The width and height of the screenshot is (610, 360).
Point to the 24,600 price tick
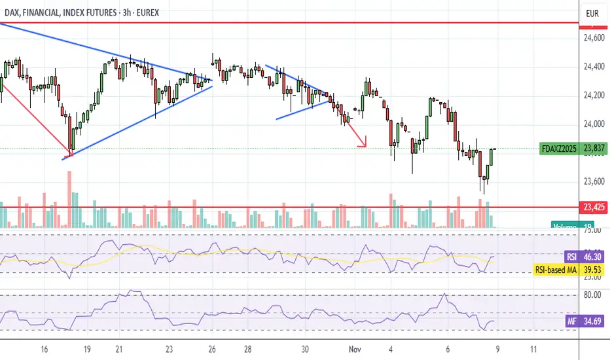pos(594,38)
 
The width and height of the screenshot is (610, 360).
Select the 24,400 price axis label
pos(594,67)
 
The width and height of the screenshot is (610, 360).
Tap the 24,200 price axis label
pos(594,96)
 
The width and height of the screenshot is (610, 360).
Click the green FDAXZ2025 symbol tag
pos(558,149)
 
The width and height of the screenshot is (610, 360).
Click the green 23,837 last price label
pos(594,149)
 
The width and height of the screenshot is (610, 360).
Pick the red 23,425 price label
pos(594,207)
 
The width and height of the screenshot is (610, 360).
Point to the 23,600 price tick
pos(594,181)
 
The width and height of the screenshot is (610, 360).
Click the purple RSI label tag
pos(571,258)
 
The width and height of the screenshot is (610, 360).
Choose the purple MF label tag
pos(572,321)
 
